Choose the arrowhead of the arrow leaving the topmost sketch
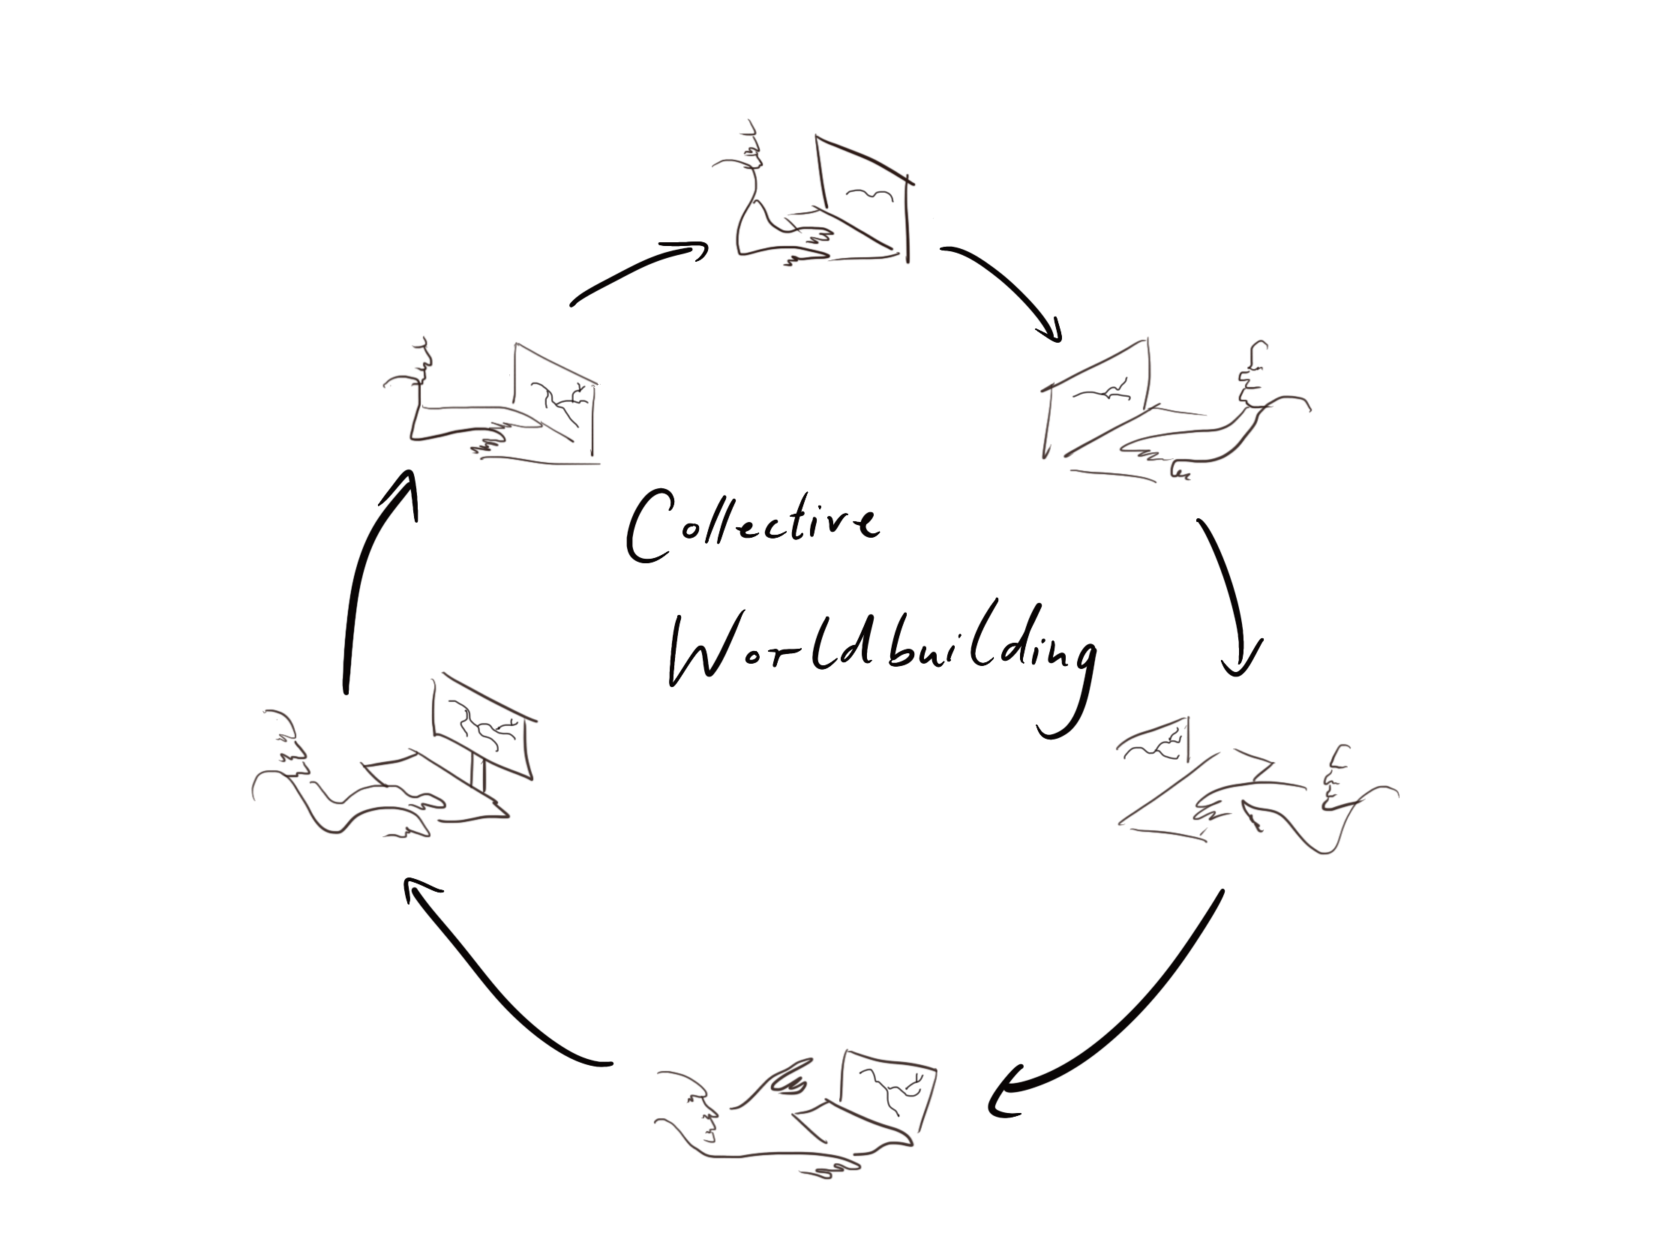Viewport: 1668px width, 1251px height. tap(1051, 331)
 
